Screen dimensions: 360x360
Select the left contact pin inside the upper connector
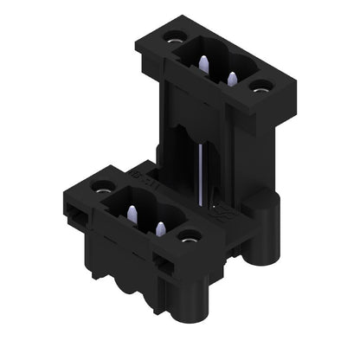coord(203,63)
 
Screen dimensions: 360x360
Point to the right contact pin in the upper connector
coord(232,78)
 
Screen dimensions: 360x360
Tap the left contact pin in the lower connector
coord(132,213)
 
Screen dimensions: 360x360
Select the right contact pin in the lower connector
coord(160,228)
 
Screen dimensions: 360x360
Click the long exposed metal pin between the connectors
coord(200,177)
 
